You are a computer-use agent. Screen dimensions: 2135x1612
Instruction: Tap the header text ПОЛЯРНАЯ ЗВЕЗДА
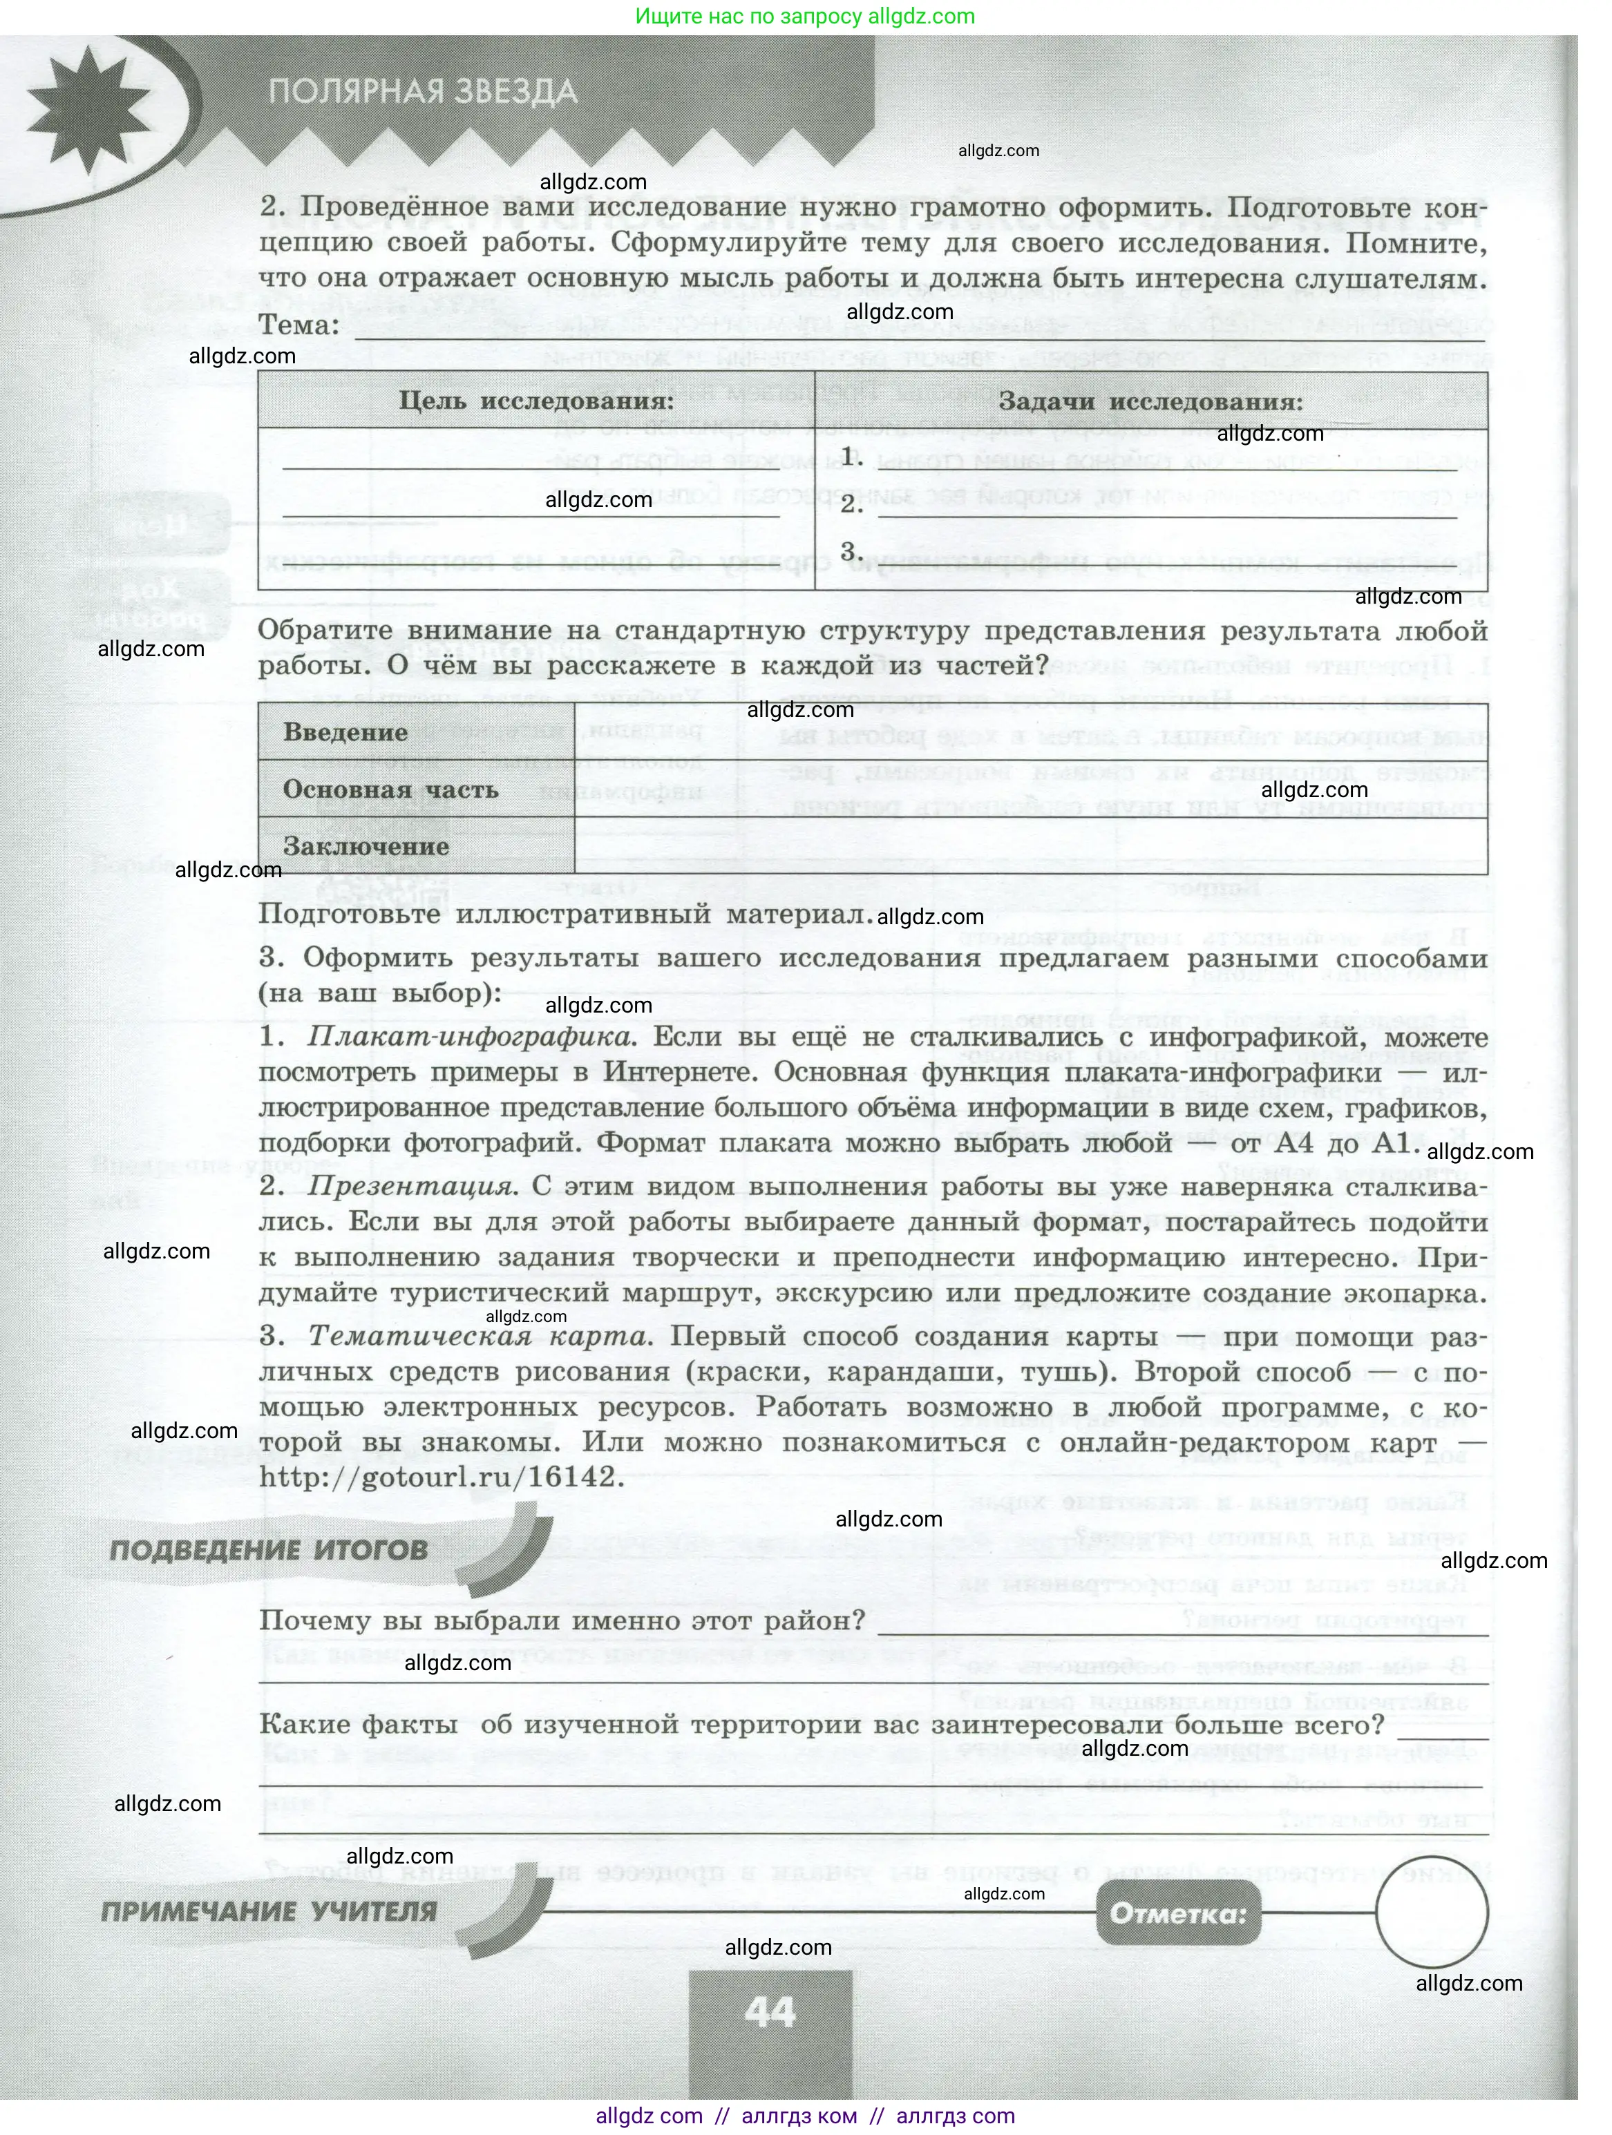423,92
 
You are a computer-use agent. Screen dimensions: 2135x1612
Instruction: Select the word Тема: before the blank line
299,326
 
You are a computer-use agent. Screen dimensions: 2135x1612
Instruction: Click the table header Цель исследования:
537,401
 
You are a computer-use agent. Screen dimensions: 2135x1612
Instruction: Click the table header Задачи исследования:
1150,401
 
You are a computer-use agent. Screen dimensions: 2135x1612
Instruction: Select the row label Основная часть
390,789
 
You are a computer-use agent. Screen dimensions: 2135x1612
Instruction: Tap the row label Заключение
366,847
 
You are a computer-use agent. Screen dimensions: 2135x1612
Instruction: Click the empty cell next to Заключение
1030,847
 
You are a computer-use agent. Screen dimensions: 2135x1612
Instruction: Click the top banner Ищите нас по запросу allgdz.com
805,17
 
